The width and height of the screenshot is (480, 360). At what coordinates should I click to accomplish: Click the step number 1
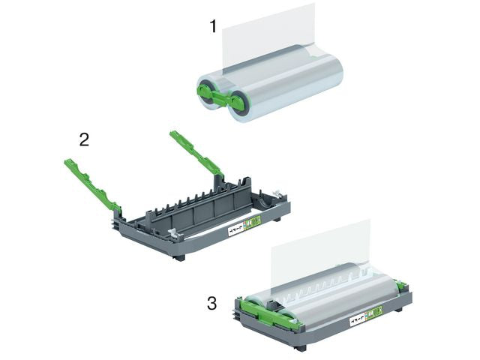pos(213,26)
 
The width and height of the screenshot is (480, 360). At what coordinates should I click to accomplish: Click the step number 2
pos(85,139)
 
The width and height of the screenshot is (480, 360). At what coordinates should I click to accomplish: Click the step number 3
pos(212,303)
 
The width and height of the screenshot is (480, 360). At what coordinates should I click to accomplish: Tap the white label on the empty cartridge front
pos(237,226)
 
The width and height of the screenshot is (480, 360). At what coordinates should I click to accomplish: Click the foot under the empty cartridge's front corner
pos(179,256)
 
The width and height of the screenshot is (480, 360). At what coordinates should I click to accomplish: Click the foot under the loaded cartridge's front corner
pos(300,346)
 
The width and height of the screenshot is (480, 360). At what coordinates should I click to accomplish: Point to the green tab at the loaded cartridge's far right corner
pos(400,285)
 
